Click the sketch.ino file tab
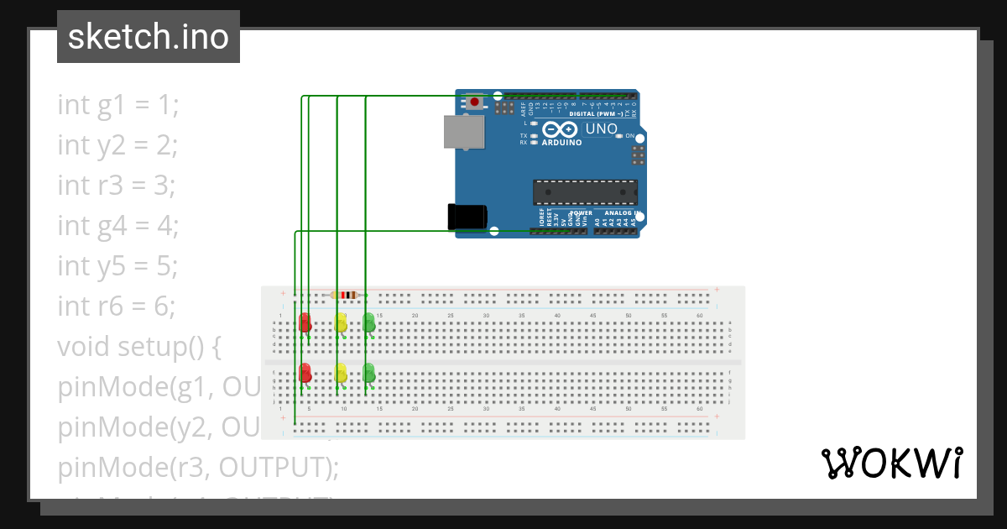click(149, 37)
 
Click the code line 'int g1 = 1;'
click(118, 105)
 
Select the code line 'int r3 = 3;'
click(117, 185)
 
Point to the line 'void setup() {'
click(138, 346)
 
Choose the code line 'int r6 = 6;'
click(117, 306)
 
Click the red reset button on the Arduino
click(475, 102)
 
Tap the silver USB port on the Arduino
click(465, 132)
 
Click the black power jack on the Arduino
click(467, 216)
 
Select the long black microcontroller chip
click(585, 192)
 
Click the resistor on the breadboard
click(344, 295)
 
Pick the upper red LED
click(305, 322)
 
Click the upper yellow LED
click(341, 322)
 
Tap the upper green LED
click(368, 322)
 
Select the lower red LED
click(305, 372)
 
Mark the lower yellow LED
click(341, 373)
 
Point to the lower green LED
click(368, 372)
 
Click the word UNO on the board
click(601, 129)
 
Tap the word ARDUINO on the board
click(562, 143)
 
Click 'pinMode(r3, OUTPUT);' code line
click(198, 467)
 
